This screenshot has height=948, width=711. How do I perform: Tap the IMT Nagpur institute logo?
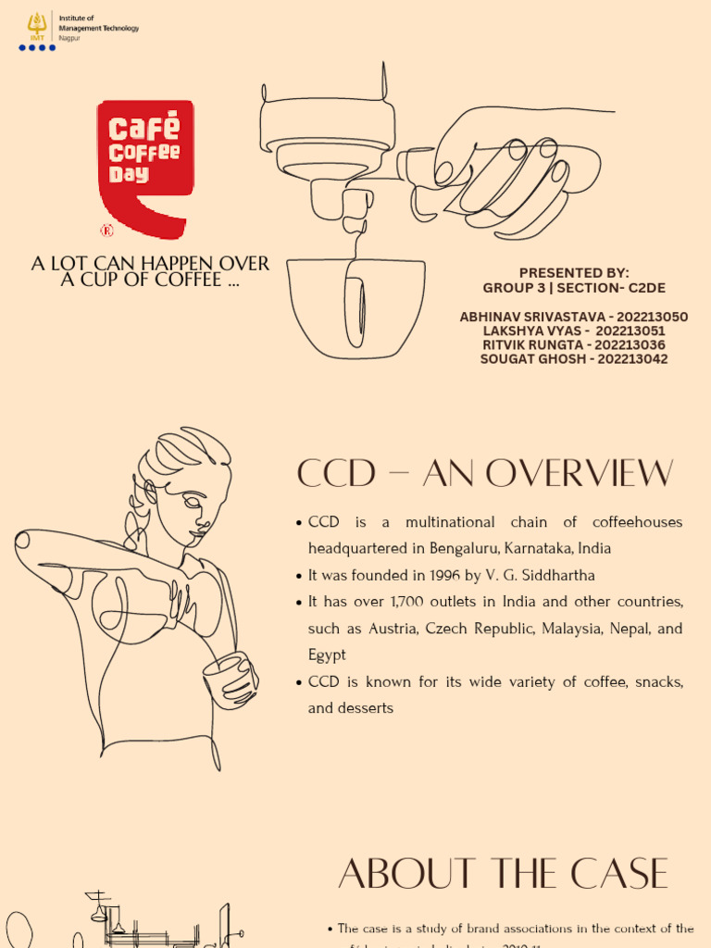tap(37, 30)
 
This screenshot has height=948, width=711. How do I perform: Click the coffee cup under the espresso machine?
tap(355, 306)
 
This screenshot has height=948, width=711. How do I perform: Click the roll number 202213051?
tap(630, 331)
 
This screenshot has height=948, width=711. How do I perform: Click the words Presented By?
tap(574, 272)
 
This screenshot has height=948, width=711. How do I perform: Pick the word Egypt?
tap(327, 655)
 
